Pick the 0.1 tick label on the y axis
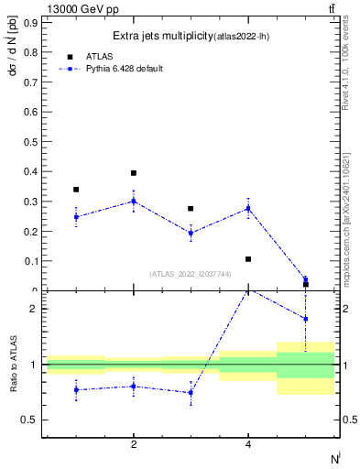(x=29, y=261)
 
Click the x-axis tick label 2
(x=134, y=444)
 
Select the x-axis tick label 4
(x=248, y=444)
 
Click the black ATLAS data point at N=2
(x=134, y=173)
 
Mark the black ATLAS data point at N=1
(x=76, y=190)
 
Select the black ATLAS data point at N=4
(x=248, y=259)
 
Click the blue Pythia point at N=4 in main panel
(x=248, y=209)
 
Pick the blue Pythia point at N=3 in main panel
(x=191, y=233)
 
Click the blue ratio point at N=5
(x=305, y=319)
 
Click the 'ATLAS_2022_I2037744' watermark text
(x=190, y=273)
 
